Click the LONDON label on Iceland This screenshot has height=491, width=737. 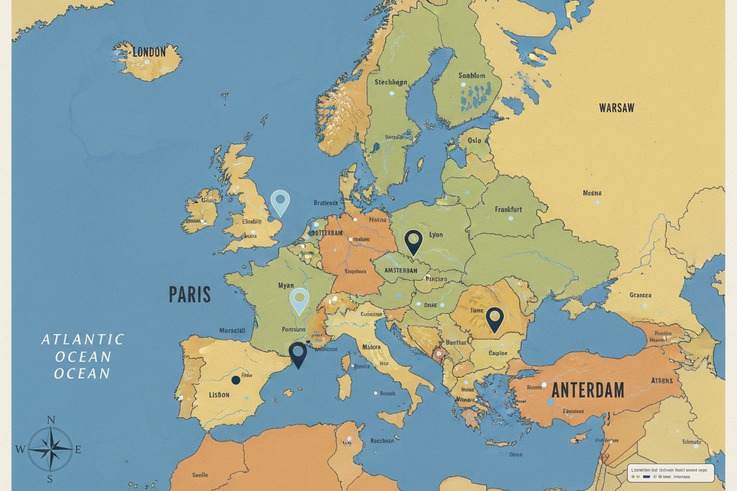[x=149, y=52]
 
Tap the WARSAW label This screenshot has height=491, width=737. [x=617, y=108]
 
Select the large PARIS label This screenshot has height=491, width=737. [x=190, y=294]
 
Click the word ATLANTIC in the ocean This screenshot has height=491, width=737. [x=83, y=339]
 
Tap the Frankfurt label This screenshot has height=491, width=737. [x=508, y=209]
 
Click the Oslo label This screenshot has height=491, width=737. [x=474, y=140]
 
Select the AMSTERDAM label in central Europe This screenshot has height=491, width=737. [x=401, y=270]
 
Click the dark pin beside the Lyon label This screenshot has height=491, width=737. [x=413, y=241]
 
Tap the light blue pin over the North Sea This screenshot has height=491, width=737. [x=279, y=201]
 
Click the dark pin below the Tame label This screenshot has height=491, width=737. [x=494, y=318]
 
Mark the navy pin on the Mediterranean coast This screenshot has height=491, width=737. [x=298, y=353]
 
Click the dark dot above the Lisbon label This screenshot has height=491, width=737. [x=236, y=380]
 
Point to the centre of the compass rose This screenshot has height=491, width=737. [x=50, y=449]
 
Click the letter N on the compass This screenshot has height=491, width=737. [x=51, y=420]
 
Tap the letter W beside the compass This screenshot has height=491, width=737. [x=20, y=450]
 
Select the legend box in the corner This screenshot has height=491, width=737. [x=670, y=473]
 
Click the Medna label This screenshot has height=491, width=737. [x=592, y=193]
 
